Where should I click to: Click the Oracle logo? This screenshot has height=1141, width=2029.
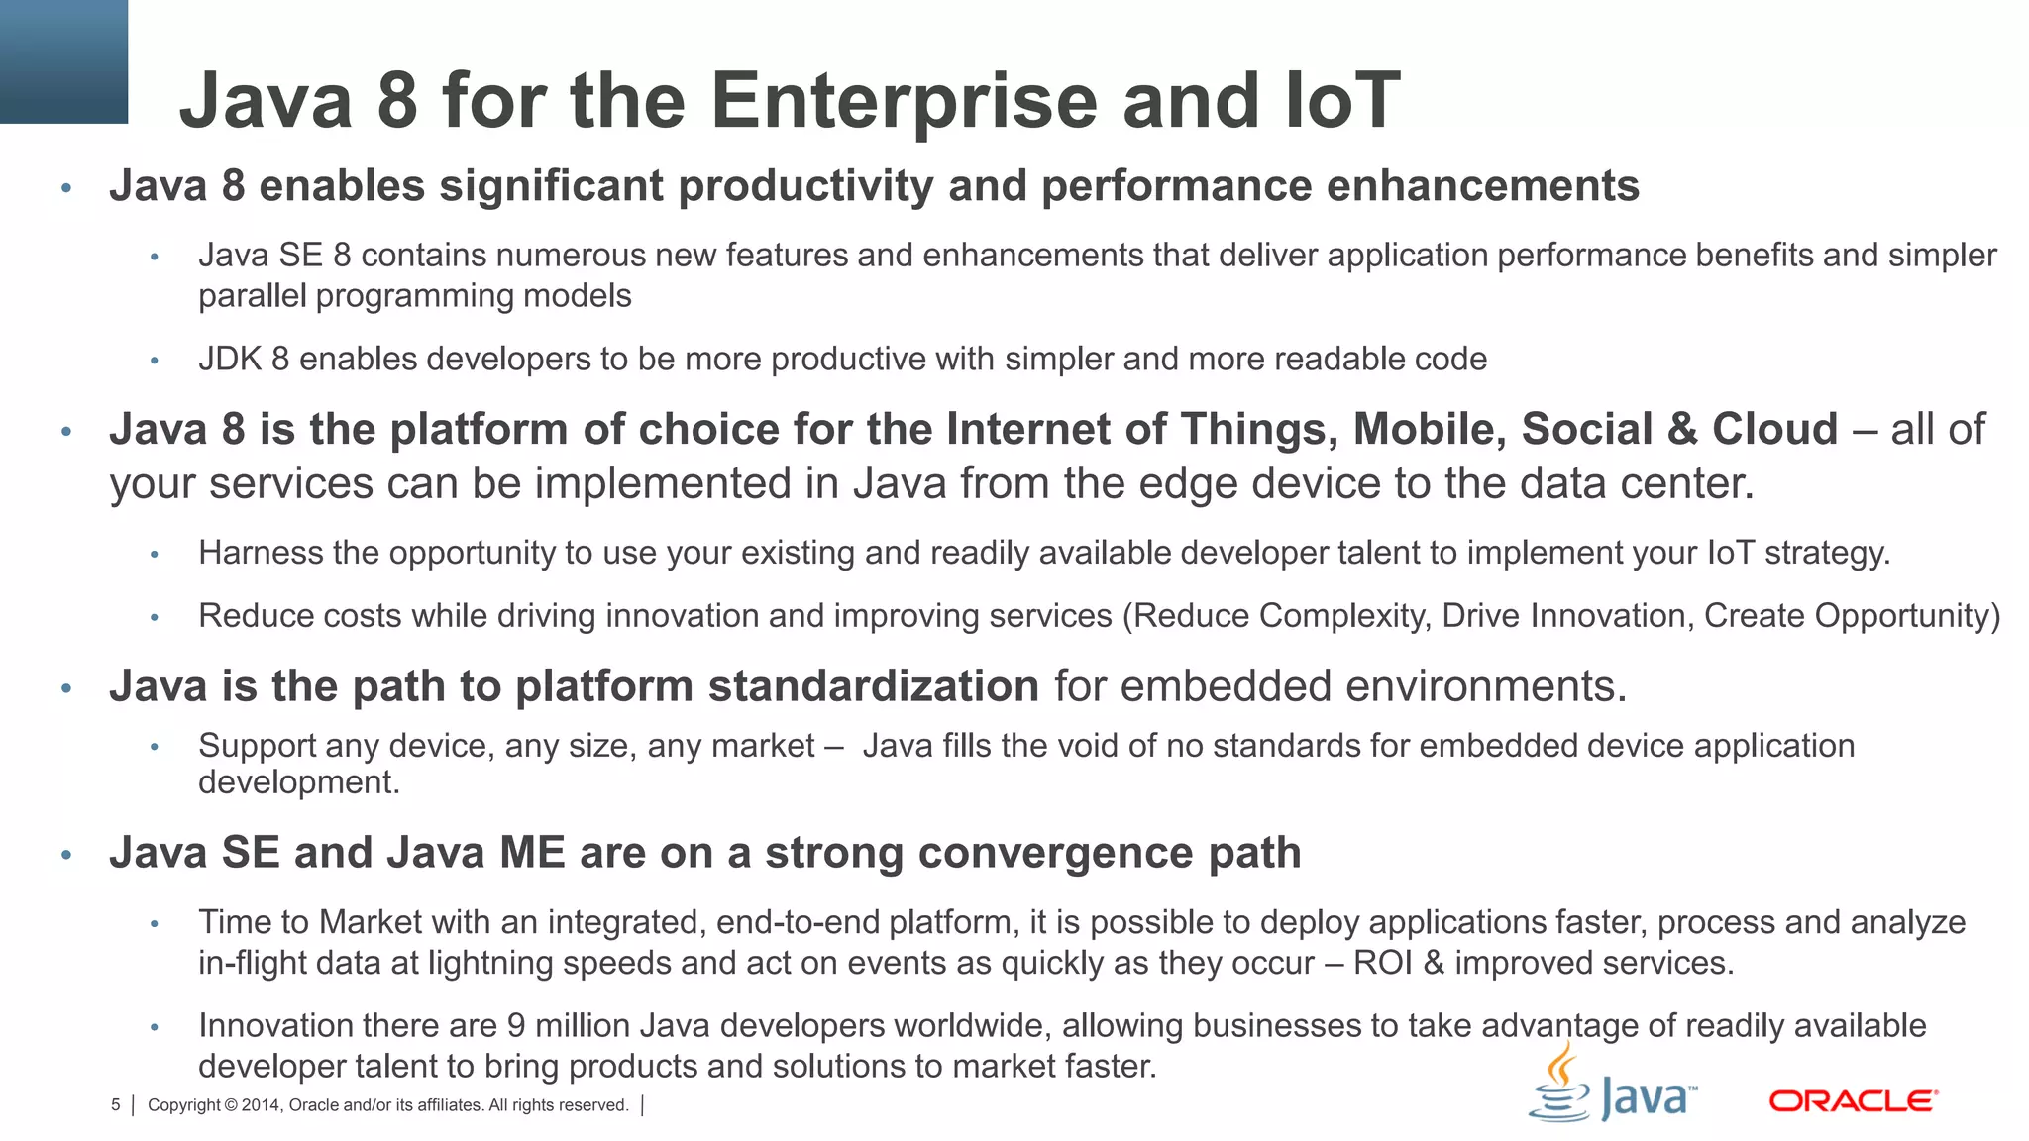[1853, 1100]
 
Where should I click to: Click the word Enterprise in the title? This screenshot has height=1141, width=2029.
[904, 101]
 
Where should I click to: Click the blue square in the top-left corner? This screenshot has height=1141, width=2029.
[63, 60]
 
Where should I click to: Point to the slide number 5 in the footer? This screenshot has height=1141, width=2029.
[116, 1105]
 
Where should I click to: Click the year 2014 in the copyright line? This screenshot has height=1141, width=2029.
[262, 1105]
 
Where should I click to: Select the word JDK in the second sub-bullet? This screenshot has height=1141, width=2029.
[230, 359]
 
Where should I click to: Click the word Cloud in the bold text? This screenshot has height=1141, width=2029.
[1774, 429]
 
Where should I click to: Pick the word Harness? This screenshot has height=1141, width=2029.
[261, 553]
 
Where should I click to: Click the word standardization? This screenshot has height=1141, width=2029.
[873, 686]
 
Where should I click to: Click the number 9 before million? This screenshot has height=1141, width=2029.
[515, 1026]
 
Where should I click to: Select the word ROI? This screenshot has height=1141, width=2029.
[1382, 963]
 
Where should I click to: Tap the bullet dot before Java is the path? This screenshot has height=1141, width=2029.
[66, 688]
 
